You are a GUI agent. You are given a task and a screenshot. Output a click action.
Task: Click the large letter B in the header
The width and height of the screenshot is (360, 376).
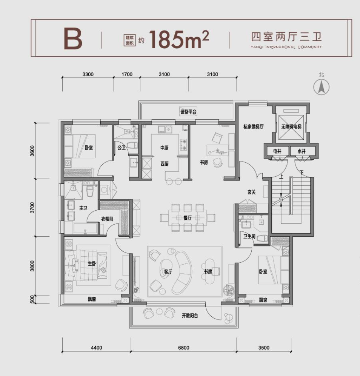73,39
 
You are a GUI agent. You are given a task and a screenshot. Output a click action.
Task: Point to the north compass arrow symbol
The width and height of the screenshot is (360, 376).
321,87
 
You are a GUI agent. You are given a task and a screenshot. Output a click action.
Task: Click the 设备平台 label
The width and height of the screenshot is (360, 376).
188,112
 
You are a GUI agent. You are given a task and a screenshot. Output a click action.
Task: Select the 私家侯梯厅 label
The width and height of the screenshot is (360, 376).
253,126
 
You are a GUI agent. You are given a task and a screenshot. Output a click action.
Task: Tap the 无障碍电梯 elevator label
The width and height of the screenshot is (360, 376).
291,126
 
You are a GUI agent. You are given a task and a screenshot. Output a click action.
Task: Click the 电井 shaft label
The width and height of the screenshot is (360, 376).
277,151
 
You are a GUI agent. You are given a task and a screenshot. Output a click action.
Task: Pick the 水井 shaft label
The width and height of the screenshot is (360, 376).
302,151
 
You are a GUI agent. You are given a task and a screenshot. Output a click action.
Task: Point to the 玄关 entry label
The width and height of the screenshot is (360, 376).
251,192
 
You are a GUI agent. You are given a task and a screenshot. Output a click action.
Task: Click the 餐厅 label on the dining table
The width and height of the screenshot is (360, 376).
188,218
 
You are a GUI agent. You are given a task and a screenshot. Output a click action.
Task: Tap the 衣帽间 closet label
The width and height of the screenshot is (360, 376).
107,219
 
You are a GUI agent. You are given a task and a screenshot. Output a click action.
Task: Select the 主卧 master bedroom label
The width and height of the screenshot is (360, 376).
92,264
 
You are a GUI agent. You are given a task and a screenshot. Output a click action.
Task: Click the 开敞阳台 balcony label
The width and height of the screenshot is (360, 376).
190,316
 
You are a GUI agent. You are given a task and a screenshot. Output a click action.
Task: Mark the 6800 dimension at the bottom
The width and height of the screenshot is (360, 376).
184,347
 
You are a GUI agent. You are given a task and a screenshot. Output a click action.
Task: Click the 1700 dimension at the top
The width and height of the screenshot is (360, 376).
127,74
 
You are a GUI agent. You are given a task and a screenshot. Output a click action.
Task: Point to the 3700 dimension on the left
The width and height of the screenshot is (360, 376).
32,208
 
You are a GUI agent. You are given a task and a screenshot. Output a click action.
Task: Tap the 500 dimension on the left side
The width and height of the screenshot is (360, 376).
32,299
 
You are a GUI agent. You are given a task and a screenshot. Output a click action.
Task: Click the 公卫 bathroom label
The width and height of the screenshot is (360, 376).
122,148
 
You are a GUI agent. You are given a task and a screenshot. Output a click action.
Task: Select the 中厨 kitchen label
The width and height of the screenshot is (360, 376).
165,148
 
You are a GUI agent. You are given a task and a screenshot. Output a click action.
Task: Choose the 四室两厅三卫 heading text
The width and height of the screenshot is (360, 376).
286,37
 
